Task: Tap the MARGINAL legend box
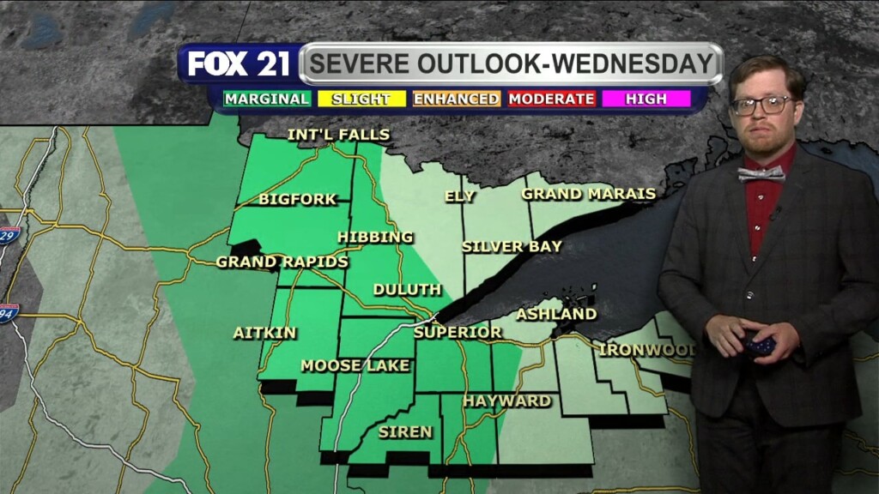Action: point(267,99)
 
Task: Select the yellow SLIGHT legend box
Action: point(361,99)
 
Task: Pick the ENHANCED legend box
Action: point(457,99)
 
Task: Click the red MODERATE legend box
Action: point(551,99)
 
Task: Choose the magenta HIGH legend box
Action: point(646,99)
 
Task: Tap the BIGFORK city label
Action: point(297,199)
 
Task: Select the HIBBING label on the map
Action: point(375,237)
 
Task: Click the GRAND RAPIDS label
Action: point(282,262)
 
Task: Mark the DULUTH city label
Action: point(407,290)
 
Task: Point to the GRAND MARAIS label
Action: point(588,194)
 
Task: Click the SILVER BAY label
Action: point(512,247)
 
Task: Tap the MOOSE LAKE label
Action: point(343,366)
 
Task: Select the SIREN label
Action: point(405,431)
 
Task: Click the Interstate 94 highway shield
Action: point(9,312)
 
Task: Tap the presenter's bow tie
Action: point(761,173)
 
